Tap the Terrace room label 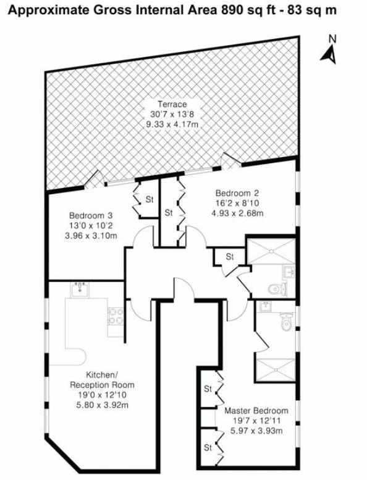tap(172, 104)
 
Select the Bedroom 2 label tap(237, 193)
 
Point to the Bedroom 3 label tap(91, 215)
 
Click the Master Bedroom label tap(256, 410)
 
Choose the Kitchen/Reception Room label tap(102, 380)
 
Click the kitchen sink tap(80, 289)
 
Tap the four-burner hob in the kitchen tap(116, 317)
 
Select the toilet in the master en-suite tap(286, 322)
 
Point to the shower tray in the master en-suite tap(276, 369)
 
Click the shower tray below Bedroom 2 tap(271, 251)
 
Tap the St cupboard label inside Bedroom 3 tap(150, 200)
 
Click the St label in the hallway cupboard tap(230, 257)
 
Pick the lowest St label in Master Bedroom tap(208, 448)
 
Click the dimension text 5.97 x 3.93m tap(256, 431)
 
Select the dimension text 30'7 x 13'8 tap(172, 114)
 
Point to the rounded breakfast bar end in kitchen tap(80, 357)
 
